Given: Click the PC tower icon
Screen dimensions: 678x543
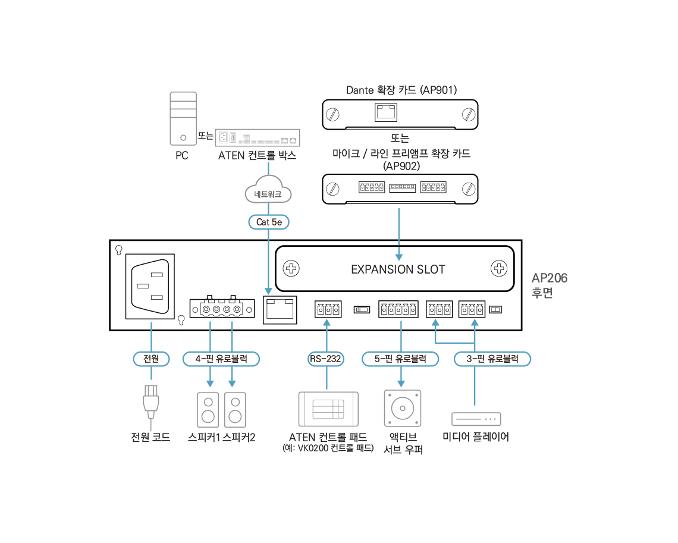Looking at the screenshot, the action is [183, 118].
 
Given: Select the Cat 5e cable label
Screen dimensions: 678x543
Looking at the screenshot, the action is [269, 222].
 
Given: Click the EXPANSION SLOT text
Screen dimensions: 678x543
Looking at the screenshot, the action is [398, 269].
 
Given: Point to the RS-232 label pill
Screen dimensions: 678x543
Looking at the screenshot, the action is [325, 359].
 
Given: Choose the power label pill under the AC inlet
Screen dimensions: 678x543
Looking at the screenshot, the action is [151, 359].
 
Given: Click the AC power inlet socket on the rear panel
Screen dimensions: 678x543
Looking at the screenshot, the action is [150, 287].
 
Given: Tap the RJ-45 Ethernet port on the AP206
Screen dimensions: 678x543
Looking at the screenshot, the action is [280, 310].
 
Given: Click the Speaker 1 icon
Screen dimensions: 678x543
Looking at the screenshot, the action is [208, 410].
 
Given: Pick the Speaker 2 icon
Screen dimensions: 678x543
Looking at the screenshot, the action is [236, 410].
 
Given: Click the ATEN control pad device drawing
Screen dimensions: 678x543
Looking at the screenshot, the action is [329, 409].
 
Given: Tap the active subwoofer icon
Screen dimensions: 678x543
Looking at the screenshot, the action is [403, 408].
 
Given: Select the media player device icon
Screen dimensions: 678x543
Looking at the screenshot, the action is [476, 419].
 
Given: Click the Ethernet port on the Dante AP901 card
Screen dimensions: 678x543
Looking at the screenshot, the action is [386, 112].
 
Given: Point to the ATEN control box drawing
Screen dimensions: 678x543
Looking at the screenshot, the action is [258, 138].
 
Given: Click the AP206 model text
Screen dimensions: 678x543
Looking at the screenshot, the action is [549, 278].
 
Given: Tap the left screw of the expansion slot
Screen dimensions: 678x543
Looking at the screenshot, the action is [291, 268].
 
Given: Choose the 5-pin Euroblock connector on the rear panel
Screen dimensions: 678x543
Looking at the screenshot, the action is [398, 309].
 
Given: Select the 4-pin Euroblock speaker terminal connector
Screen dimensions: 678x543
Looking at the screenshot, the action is [222, 309].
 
